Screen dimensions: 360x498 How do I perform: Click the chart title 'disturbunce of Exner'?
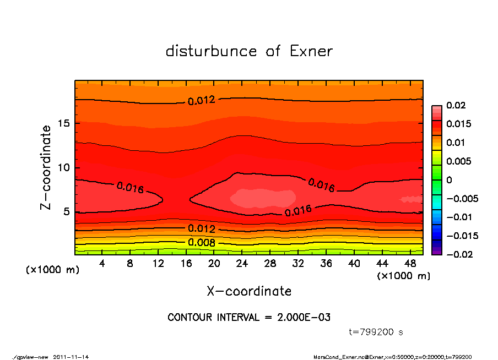tap(249, 51)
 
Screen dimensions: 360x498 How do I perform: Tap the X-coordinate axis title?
tap(249, 291)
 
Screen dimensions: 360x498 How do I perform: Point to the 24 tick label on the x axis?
tap(242, 264)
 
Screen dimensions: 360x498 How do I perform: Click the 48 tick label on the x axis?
tap(410, 264)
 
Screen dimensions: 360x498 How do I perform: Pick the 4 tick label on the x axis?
tap(102, 264)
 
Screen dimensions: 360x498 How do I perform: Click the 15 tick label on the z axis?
tap(63, 123)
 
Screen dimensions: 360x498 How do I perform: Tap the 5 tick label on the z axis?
tap(66, 211)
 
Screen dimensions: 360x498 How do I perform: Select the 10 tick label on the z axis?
tap(63, 167)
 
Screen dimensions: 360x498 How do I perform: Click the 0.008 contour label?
tap(202, 242)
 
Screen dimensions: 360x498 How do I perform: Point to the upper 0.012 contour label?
tap(201, 100)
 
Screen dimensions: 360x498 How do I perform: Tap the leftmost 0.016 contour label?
tap(130, 188)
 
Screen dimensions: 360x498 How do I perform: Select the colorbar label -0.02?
tap(458, 254)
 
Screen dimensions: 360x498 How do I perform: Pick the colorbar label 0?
tap(449, 180)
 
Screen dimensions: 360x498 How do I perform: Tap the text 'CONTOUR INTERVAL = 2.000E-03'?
tap(249, 318)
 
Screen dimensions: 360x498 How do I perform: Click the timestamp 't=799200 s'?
tap(376, 332)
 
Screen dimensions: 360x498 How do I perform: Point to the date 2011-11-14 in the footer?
tap(71, 357)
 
